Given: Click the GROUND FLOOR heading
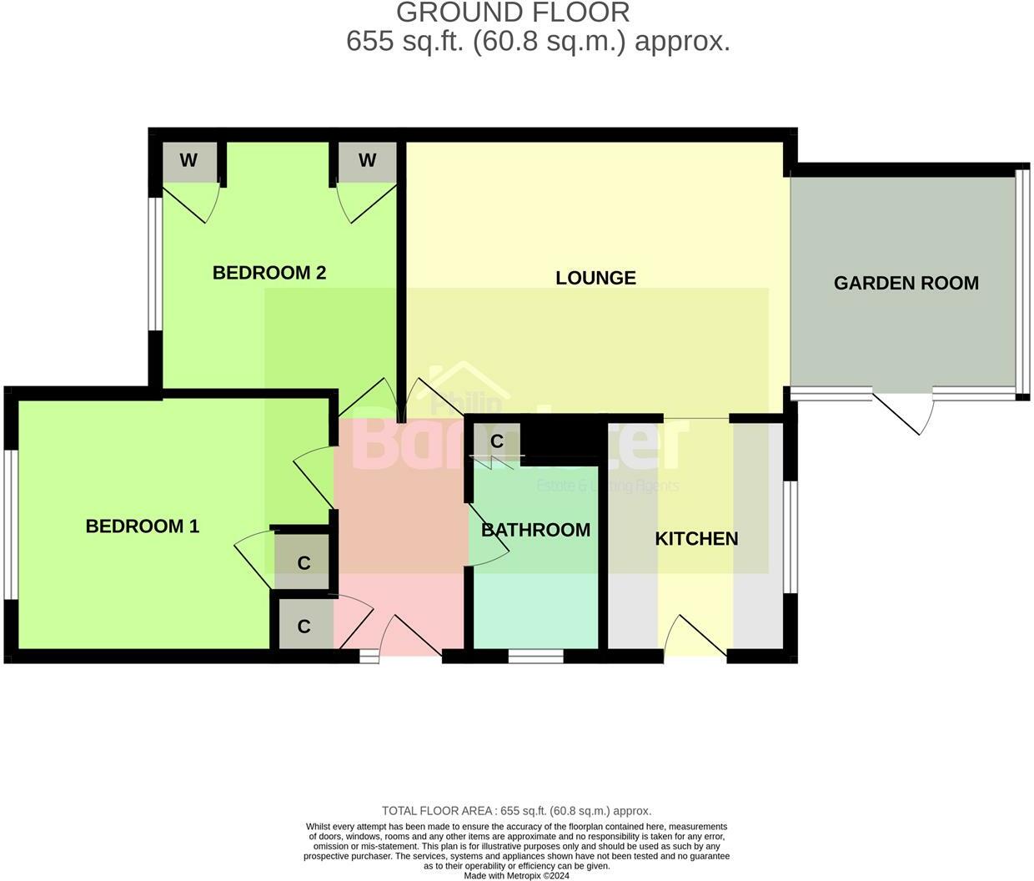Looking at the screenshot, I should point(513,13).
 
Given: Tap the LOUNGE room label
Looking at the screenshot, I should point(595,278).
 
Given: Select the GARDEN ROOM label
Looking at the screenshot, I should point(906,283).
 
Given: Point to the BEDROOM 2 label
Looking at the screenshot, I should point(269,273).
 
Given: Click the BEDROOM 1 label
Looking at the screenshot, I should point(142,526).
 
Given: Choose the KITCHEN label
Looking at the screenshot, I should point(696,539).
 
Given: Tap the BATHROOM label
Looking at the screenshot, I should point(535,530).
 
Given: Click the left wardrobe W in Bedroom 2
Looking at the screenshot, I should point(188,161).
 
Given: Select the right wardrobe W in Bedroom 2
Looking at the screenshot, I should point(367,161).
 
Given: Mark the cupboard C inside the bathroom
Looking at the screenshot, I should point(496,441).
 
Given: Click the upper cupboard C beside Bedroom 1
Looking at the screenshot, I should point(304,563).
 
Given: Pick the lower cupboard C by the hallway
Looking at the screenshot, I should point(304,626).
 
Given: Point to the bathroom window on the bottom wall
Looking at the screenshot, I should point(535,657).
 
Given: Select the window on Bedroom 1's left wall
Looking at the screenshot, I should point(10,525).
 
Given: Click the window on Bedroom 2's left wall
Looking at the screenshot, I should point(154,264).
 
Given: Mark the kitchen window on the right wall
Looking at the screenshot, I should point(791,536).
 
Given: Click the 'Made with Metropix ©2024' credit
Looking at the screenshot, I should point(516,876).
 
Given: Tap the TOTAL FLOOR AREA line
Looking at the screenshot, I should point(516,811).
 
